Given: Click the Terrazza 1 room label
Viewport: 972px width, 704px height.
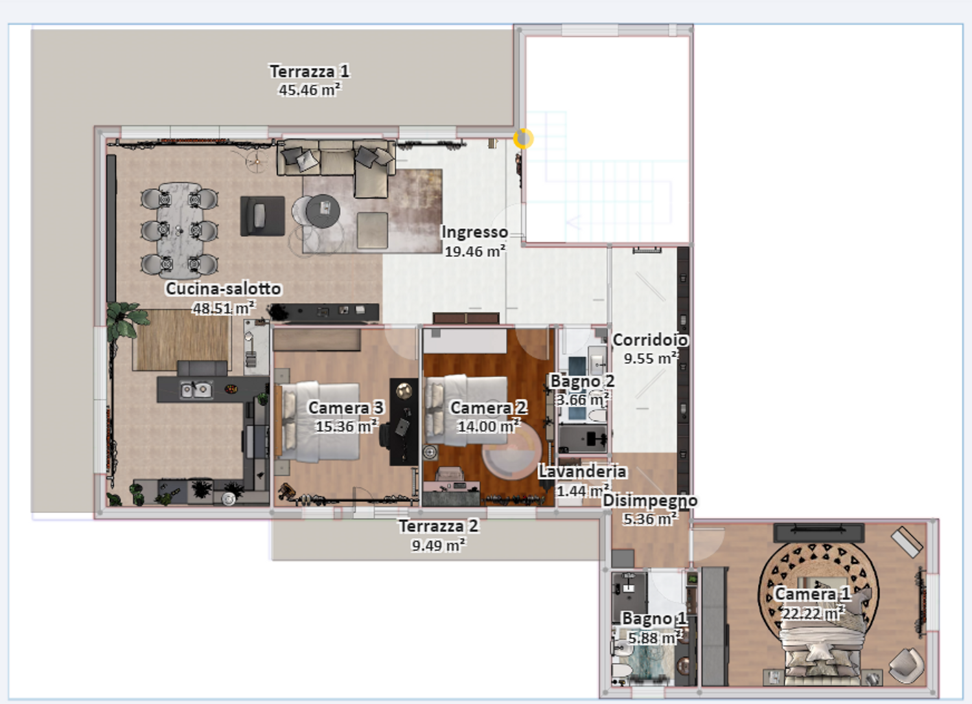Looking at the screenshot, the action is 309,71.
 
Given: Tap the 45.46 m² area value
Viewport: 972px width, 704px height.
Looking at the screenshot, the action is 309,90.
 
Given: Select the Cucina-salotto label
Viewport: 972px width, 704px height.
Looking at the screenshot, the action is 223,288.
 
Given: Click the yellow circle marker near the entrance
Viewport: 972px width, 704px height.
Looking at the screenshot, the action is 524,139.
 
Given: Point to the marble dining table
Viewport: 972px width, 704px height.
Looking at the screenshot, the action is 179,230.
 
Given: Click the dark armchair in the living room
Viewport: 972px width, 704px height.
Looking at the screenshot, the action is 262,216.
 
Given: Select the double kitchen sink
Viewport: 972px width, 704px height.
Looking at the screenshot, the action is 196,389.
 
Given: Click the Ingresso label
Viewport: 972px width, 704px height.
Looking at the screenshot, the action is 474,232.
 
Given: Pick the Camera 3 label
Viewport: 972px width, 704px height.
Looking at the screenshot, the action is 345,408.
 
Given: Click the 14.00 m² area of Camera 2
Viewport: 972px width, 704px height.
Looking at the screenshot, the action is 489,426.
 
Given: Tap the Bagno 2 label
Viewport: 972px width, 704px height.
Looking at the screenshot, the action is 583,381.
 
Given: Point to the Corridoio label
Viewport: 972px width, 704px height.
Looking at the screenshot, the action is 650,340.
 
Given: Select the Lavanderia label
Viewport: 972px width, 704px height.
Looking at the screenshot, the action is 583,471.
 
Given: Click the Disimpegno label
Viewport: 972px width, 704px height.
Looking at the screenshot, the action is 650,501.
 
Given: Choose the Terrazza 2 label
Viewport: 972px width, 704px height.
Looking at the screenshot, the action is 438,526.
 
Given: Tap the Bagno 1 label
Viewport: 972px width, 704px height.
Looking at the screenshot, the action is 654,619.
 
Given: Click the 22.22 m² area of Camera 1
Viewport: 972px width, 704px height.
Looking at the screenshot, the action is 813,613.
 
